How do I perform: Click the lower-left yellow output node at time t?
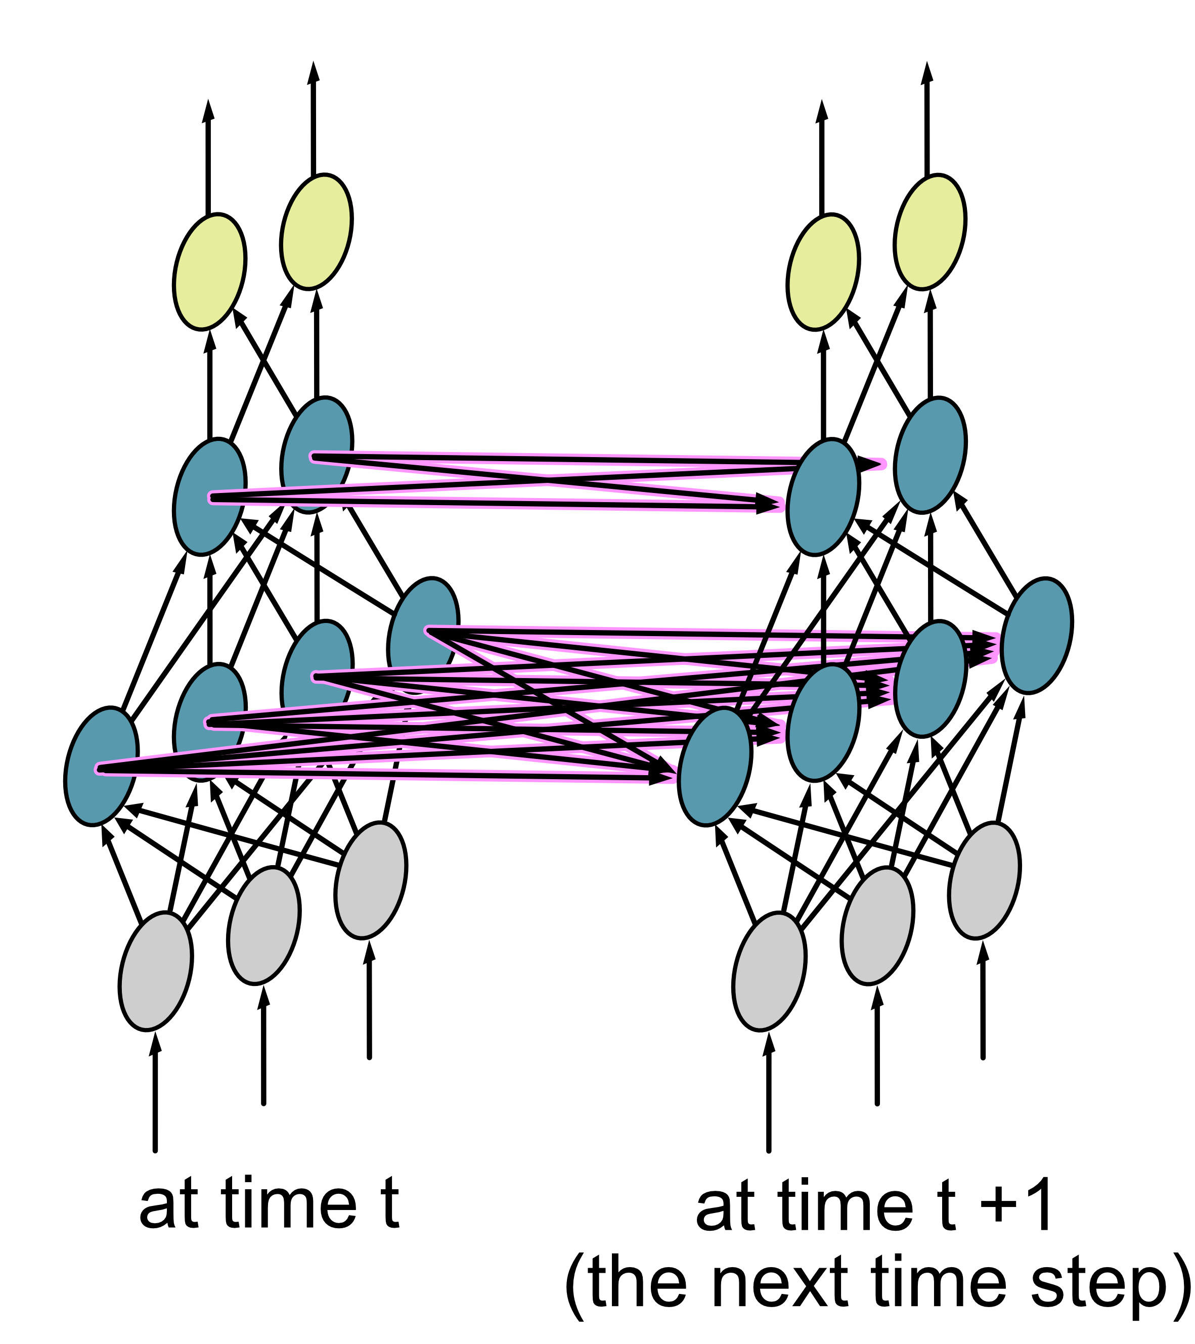click(x=210, y=272)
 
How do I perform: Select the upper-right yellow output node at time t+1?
click(x=930, y=232)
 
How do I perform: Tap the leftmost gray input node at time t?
click(x=156, y=972)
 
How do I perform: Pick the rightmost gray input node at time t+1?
click(x=984, y=880)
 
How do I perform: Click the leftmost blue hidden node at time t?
click(x=101, y=767)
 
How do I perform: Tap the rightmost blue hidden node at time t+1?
click(x=1037, y=635)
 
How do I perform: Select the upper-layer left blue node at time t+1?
click(x=823, y=497)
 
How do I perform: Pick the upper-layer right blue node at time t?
click(x=317, y=455)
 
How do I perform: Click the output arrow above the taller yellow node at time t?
click(x=314, y=118)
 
